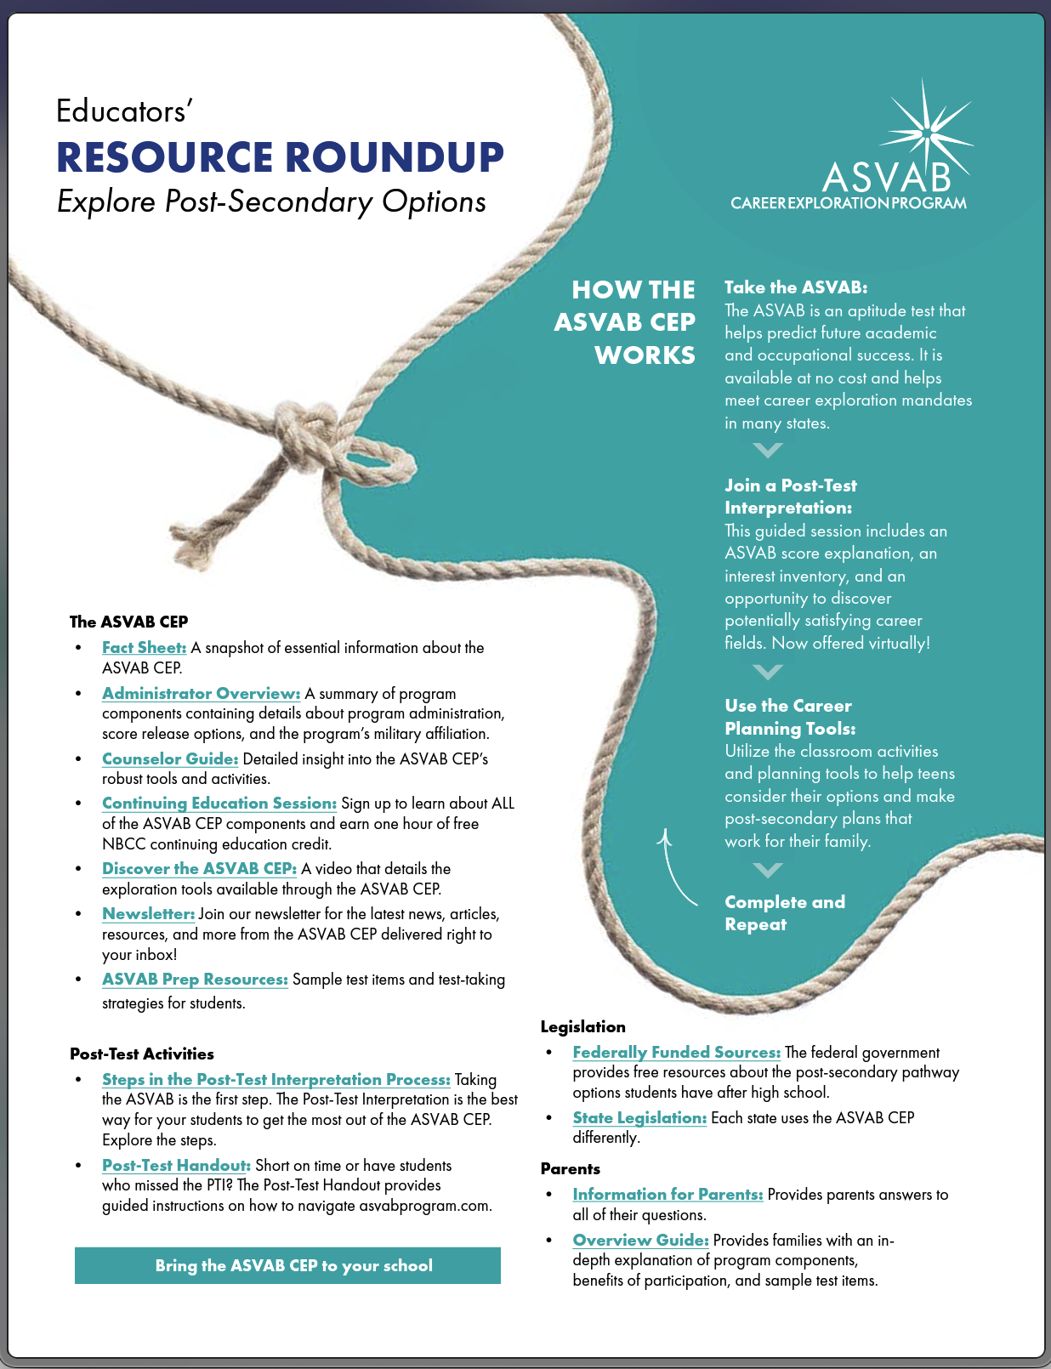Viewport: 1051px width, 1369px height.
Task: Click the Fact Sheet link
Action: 144,648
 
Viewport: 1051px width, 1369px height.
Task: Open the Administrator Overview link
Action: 201,694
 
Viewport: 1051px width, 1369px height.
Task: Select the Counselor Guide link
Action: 169,759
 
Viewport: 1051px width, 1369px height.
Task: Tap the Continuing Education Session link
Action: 219,804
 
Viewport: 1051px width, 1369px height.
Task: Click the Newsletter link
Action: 148,914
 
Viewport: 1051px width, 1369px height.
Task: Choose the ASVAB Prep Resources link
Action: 195,980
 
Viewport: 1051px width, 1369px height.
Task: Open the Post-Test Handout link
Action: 176,1166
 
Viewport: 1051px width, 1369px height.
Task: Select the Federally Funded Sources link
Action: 676,1053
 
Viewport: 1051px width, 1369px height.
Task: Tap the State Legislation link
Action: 639,1118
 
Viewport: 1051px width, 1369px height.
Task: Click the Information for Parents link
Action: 668,1195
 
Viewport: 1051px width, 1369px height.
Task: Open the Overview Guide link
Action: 640,1241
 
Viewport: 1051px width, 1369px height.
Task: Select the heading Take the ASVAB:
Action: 795,287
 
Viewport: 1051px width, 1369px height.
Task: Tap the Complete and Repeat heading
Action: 784,913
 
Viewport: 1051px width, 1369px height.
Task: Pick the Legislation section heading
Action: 582,1027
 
